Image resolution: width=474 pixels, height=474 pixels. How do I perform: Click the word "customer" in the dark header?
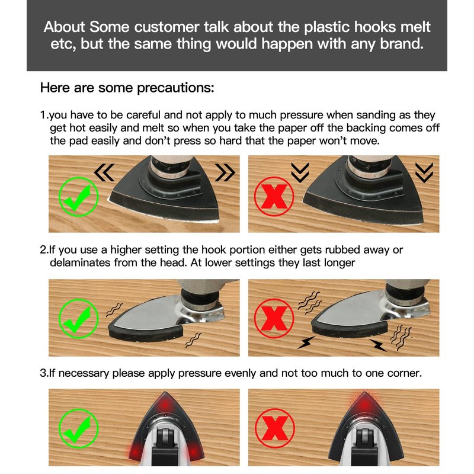167,27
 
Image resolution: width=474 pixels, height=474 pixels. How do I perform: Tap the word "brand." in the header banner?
402,43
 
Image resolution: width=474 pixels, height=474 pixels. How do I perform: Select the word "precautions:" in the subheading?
175,88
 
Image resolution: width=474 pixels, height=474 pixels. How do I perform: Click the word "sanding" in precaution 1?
376,115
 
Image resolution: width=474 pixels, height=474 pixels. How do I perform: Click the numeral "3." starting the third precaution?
44,373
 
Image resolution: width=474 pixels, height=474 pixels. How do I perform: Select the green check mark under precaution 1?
78,197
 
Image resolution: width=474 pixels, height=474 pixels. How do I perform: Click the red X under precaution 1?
274,197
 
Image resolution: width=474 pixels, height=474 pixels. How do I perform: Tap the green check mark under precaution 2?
78,319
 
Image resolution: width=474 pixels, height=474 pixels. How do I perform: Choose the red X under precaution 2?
274,318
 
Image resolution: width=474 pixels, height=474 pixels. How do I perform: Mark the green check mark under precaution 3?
78,428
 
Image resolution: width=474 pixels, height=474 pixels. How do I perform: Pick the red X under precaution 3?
275,428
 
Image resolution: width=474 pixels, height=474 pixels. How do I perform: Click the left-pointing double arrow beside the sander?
104,172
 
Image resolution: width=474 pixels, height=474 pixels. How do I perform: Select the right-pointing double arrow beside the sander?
225,172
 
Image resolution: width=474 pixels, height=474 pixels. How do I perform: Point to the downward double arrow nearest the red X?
300,172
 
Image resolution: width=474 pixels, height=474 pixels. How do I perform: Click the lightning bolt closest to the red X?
306,342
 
